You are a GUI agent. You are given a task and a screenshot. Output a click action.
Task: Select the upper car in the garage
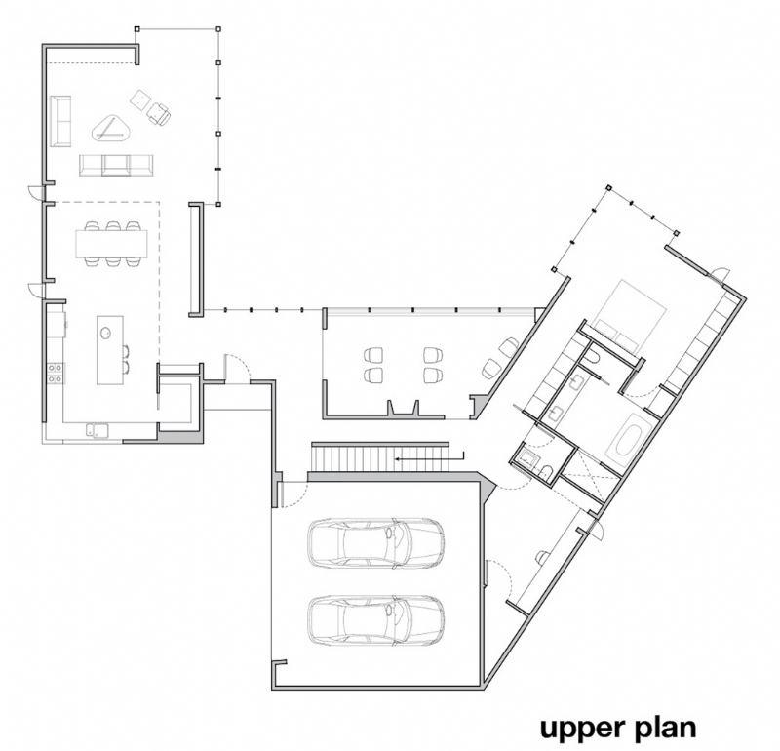pyautogui.click(x=374, y=542)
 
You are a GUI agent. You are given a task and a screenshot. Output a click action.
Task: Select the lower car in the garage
pyautogui.click(x=374, y=618)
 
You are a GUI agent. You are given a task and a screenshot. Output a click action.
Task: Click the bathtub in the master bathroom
pyautogui.click(x=625, y=440)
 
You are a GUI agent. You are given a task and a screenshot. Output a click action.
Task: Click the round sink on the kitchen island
pyautogui.click(x=104, y=331)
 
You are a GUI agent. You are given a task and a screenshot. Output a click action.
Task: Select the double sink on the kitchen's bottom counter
pyautogui.click(x=95, y=427)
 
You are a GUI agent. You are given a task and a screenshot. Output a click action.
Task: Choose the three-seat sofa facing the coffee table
pyautogui.click(x=116, y=165)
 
